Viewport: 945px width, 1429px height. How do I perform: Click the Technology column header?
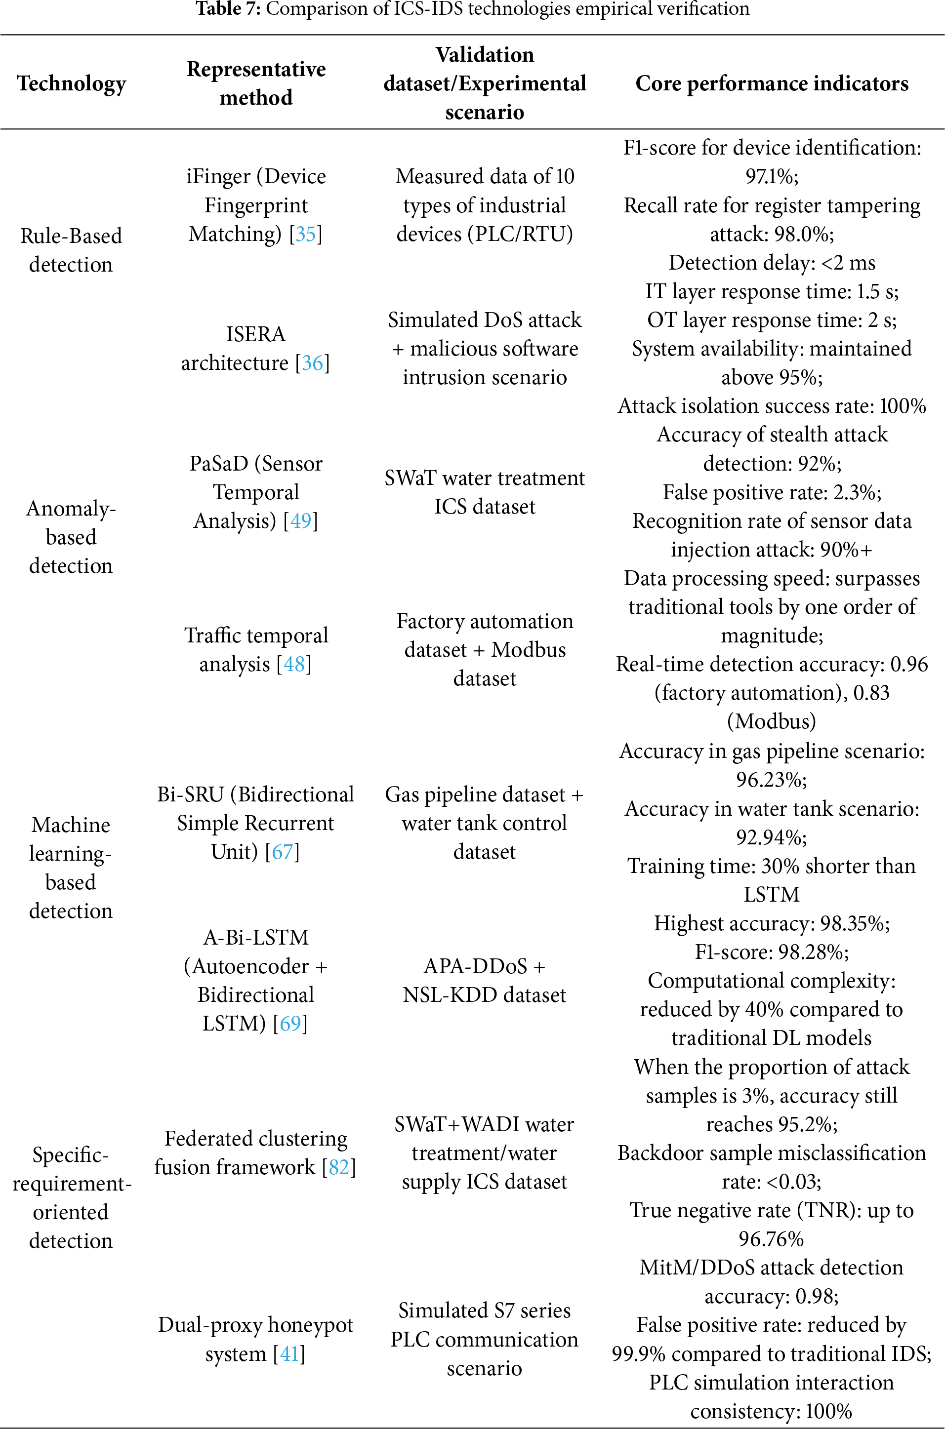71,83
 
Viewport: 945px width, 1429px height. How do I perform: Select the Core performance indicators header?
772,83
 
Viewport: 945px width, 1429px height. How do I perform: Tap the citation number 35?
306,234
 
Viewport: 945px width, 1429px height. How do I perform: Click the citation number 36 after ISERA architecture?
312,362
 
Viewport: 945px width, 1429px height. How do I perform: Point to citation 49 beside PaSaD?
301,520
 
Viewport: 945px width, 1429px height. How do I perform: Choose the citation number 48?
294,664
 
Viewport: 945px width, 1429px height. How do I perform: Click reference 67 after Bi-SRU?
282,851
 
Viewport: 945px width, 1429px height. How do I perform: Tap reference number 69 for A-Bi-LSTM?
290,1023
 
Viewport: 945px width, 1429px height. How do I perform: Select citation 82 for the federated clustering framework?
339,1167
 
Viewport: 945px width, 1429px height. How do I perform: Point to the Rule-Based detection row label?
71,249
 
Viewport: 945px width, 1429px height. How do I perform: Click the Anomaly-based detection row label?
71,537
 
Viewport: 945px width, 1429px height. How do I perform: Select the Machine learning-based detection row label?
71,868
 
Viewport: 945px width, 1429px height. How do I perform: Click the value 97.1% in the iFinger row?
772,176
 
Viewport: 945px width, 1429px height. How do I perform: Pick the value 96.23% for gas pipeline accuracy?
772,780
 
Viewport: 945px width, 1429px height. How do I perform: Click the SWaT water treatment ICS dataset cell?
485,492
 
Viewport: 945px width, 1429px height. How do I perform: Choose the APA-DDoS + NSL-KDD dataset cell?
485,980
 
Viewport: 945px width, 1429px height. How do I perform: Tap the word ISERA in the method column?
255,334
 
